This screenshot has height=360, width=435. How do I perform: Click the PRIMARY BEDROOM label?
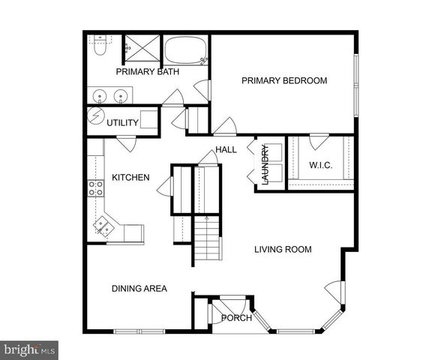(x=283, y=80)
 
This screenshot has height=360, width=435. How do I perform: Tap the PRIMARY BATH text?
(x=147, y=72)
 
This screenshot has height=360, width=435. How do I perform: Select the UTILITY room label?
(x=122, y=122)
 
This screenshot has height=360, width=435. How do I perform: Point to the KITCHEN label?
(x=130, y=178)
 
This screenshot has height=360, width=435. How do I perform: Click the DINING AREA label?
(x=139, y=288)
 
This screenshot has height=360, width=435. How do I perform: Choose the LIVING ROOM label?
(x=282, y=250)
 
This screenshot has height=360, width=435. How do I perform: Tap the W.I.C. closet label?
(x=320, y=165)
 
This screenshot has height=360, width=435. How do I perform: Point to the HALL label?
(x=226, y=150)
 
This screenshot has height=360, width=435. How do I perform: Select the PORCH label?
(x=236, y=318)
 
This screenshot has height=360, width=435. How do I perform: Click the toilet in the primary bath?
(x=100, y=49)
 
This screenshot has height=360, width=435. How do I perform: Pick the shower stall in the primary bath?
(x=140, y=47)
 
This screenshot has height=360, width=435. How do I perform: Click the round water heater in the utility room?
(x=96, y=118)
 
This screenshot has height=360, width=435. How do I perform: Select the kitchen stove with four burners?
(x=96, y=187)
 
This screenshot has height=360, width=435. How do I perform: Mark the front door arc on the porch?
(x=224, y=306)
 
